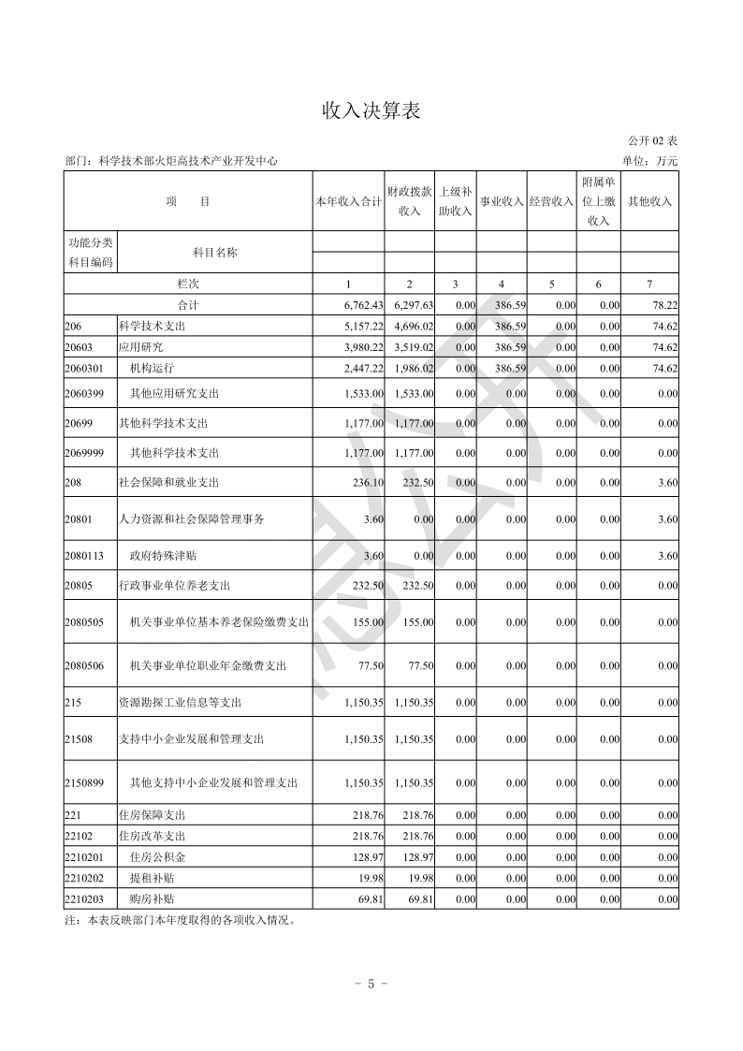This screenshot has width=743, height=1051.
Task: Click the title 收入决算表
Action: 371,111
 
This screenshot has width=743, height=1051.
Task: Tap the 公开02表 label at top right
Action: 653,141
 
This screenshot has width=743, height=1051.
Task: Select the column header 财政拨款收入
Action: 409,201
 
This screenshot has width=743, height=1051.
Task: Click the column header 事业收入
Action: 502,201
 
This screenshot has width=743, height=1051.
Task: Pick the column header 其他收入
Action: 649,201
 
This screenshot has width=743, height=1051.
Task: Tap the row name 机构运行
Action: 153,369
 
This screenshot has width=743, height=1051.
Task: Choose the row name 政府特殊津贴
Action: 163,556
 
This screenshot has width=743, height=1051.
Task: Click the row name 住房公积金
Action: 157,857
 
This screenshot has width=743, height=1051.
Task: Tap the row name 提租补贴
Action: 152,879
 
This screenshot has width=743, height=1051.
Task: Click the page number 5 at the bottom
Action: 371,984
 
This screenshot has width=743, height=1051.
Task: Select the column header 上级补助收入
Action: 455,201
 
